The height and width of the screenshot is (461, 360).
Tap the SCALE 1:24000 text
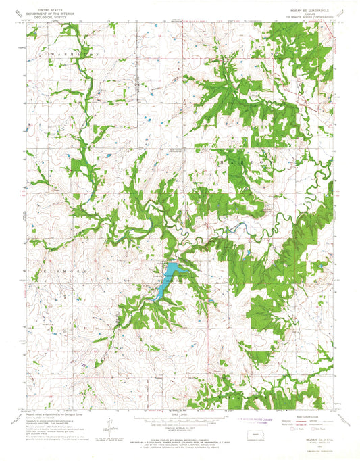coord(179,414)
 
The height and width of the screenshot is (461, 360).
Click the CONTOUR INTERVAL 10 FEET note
coord(179,429)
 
